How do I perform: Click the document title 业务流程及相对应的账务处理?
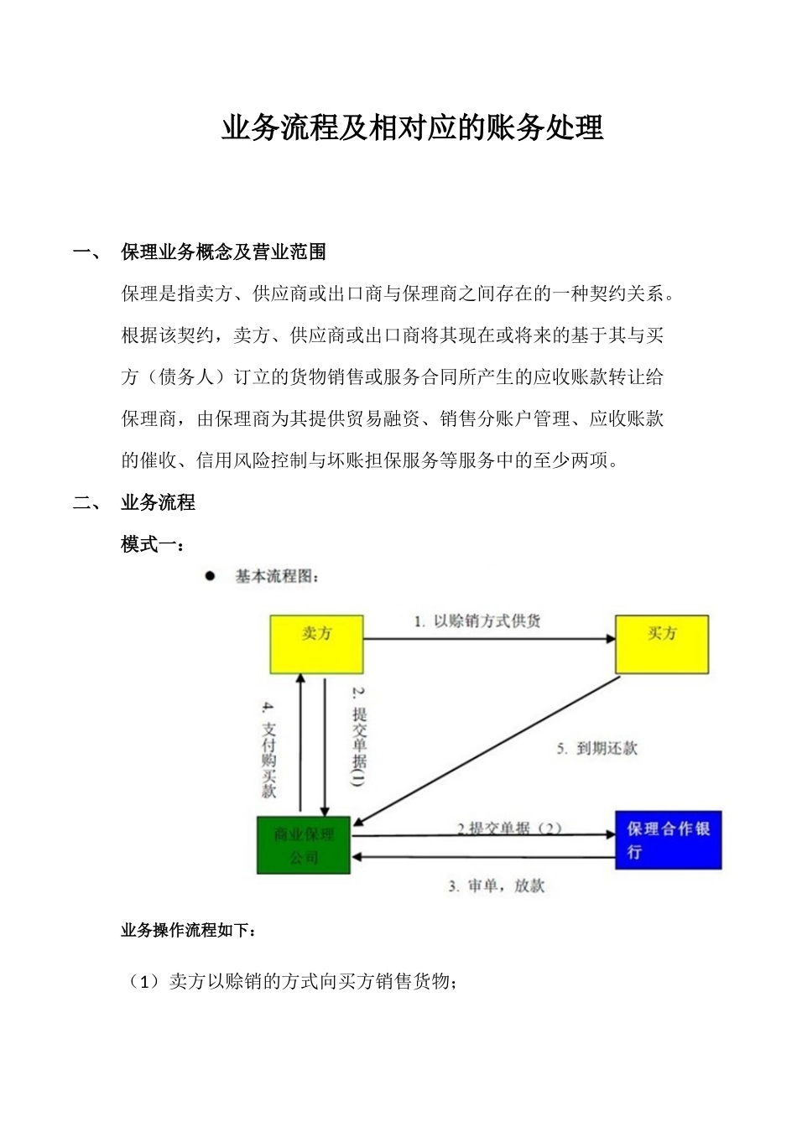412,128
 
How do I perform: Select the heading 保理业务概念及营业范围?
223,252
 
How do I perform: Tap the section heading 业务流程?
158,502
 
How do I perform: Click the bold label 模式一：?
153,544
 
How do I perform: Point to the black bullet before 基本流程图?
210,576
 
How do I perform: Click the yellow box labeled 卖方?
316,644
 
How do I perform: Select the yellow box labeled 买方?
662,644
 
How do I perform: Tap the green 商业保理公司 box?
304,845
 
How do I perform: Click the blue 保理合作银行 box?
668,839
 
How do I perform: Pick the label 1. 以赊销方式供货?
477,621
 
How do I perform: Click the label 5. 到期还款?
596,748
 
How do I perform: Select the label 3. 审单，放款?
496,886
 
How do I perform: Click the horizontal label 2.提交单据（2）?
509,828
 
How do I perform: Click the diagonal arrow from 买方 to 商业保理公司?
487,750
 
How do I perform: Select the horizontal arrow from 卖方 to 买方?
489,639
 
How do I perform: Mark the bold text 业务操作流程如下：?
189,930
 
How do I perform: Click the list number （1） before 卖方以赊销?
143,981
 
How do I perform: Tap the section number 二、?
87,503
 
